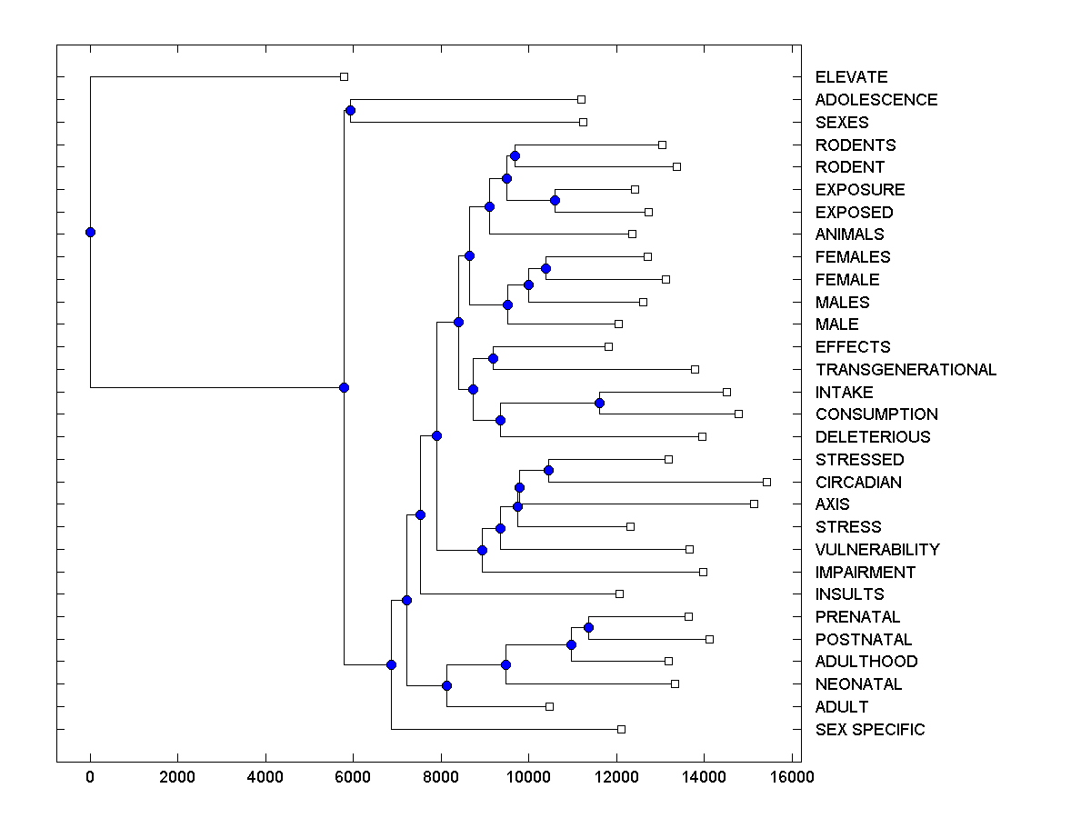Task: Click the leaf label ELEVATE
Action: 851,77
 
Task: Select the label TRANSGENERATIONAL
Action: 906,370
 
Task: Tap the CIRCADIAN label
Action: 858,483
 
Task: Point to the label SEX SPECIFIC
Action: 870,730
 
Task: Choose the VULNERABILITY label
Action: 877,550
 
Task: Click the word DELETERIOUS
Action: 873,437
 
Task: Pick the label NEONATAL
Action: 858,684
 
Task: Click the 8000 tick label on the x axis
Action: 441,776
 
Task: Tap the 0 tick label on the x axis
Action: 90,776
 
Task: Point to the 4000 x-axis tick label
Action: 265,776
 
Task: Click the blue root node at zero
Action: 90,232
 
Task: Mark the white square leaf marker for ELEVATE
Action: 344,77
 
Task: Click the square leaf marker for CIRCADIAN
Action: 766,482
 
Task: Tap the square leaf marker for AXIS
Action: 754,504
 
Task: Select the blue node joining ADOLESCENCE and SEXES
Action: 351,111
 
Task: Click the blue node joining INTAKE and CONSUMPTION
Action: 600,403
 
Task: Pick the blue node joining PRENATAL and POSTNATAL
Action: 588,628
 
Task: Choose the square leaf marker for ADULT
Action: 549,706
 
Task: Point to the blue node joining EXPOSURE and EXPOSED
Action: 556,201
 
